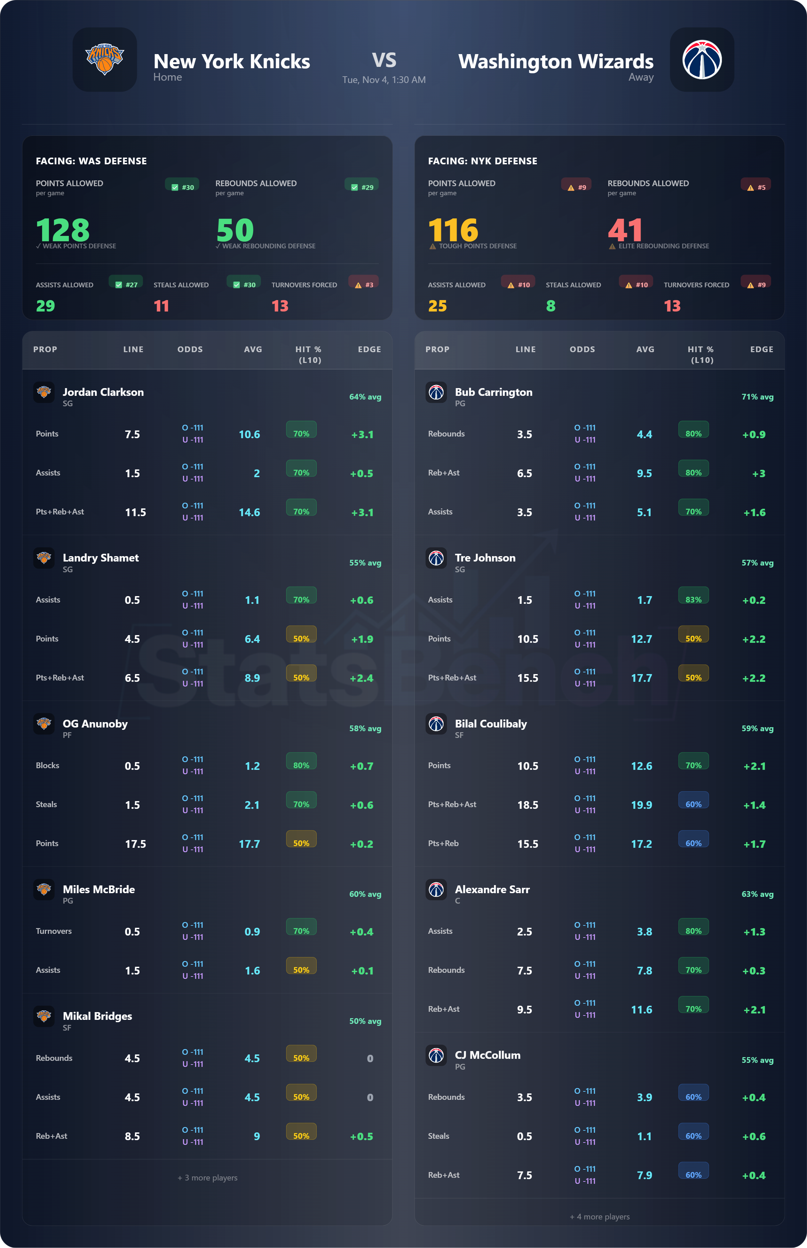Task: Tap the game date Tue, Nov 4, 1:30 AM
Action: point(384,80)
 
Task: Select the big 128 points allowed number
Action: point(63,230)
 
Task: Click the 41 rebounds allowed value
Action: point(625,230)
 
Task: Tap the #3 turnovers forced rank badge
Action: point(364,284)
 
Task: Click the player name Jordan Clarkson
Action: point(103,392)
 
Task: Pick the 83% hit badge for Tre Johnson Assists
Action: point(693,599)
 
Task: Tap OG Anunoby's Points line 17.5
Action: point(135,844)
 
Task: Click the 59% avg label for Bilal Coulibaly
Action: point(757,729)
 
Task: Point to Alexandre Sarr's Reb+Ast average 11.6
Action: point(642,1010)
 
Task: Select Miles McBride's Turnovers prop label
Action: point(53,931)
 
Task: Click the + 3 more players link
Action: point(207,1178)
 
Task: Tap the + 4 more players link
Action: point(600,1216)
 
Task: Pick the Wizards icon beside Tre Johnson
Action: point(436,558)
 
